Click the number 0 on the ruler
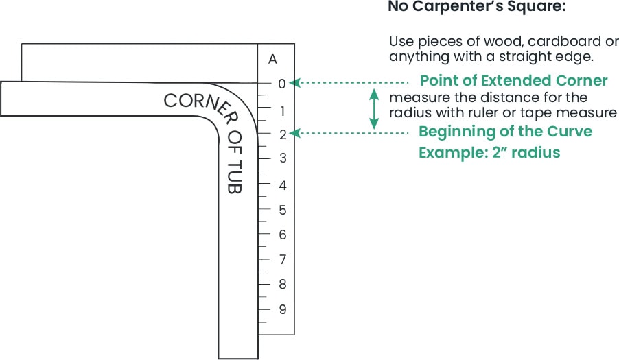[x=282, y=84]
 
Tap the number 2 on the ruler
[x=282, y=134]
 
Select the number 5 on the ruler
[x=282, y=210]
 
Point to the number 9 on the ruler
[x=282, y=309]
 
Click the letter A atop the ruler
[x=273, y=60]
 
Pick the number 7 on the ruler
[x=282, y=260]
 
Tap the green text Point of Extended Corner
[x=513, y=81]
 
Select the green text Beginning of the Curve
[x=505, y=131]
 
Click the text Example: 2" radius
[x=489, y=152]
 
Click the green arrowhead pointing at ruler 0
[x=293, y=82]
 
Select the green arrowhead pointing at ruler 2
[x=293, y=133]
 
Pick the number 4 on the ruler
[x=282, y=185]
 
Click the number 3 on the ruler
[x=282, y=159]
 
